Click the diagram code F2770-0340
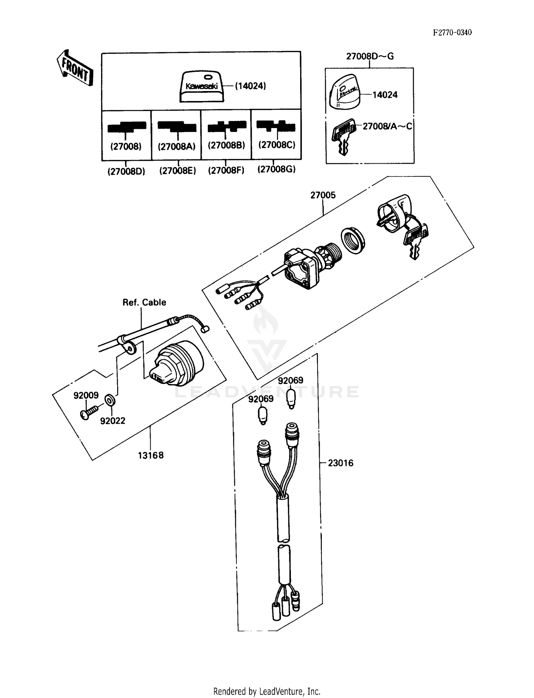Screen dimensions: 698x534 point(452,33)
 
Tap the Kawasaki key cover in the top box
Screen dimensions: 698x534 point(201,86)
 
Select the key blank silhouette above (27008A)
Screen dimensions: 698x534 point(177,126)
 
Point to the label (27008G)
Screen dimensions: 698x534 point(277,169)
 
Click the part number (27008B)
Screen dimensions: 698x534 point(226,145)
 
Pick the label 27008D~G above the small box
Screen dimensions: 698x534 point(370,56)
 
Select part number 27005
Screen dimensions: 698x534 point(323,195)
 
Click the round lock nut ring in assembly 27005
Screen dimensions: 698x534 point(353,241)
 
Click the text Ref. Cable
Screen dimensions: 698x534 point(144,302)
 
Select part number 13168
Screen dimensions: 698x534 point(151,455)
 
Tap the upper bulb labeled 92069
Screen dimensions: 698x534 point(291,398)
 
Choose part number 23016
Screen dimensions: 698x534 point(340,463)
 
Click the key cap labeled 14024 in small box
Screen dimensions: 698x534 point(344,92)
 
